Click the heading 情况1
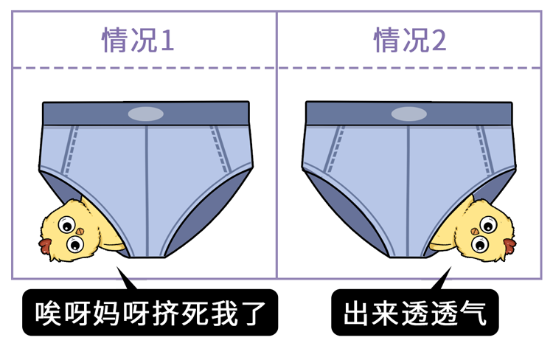(138, 40)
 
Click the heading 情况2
(410, 40)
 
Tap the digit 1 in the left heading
(167, 41)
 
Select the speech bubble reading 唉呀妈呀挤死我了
(150, 312)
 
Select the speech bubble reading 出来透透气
(414, 312)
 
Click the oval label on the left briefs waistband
(146, 114)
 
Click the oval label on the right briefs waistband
(408, 114)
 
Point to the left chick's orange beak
(80, 231)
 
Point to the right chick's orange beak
(475, 231)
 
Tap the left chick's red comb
(45, 246)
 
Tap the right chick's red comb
(509, 246)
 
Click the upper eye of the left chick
(67, 224)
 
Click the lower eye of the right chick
(480, 243)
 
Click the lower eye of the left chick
(75, 243)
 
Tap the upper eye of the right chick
(488, 224)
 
